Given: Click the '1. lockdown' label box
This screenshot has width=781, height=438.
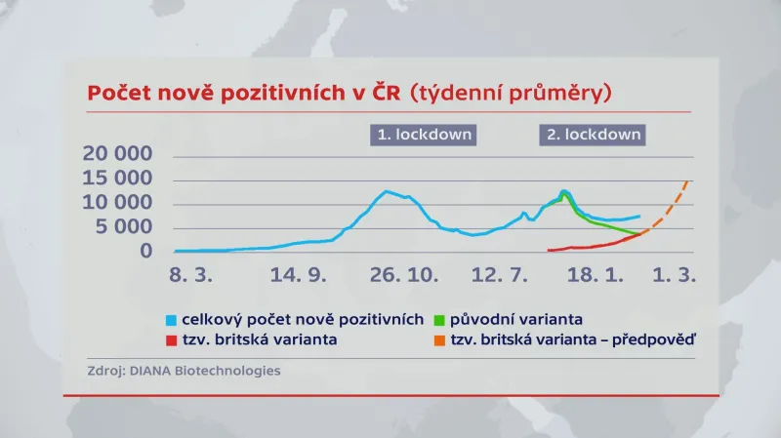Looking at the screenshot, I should click(423, 135).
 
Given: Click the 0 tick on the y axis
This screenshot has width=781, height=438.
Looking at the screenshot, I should click(146, 252).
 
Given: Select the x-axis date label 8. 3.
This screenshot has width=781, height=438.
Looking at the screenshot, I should click(189, 277).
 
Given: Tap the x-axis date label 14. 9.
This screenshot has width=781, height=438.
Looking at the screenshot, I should click(299, 277).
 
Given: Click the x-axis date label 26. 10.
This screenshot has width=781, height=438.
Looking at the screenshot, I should click(401, 277).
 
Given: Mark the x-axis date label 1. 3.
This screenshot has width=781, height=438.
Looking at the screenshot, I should click(675, 277).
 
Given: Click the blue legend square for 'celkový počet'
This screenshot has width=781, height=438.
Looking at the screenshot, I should click(173, 320).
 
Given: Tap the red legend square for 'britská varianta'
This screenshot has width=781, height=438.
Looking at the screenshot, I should click(173, 340).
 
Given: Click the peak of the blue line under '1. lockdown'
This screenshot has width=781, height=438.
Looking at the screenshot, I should click(387, 191).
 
